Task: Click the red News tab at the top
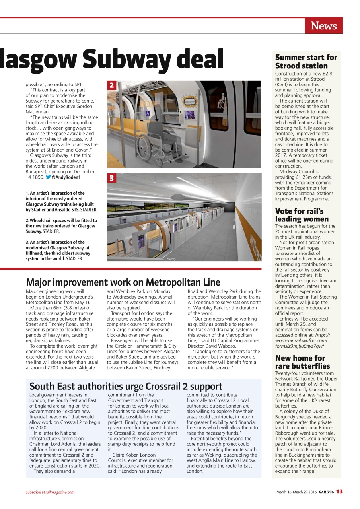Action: [x=323, y=26]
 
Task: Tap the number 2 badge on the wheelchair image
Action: [x=112, y=85]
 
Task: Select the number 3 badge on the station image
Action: [x=112, y=178]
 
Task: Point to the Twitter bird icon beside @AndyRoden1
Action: [x=48, y=177]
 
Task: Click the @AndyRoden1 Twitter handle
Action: [x=66, y=177]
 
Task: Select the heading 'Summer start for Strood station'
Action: [x=306, y=62]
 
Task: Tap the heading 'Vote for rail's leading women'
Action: [x=302, y=215]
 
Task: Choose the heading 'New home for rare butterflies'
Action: [x=302, y=362]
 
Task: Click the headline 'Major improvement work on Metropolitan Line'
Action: [x=123, y=282]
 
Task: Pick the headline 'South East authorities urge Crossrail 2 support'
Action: [x=126, y=386]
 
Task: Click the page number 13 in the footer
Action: [x=339, y=492]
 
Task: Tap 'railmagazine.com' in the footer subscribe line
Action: [x=60, y=492]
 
